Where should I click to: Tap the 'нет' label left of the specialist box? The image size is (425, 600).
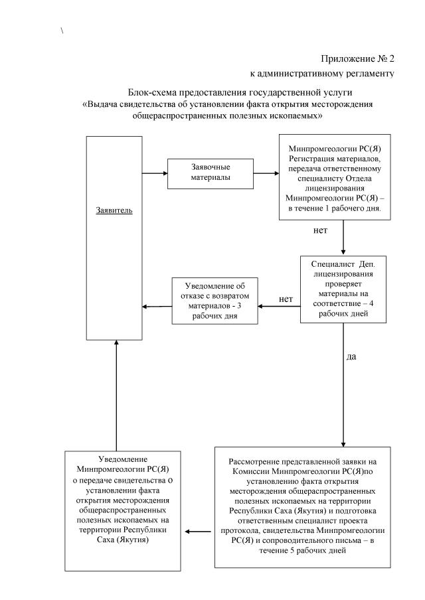point(286,299)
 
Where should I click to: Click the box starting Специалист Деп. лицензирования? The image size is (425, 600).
point(343,289)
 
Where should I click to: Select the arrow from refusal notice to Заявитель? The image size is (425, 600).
point(159,306)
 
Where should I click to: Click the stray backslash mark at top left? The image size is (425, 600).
point(62,31)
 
